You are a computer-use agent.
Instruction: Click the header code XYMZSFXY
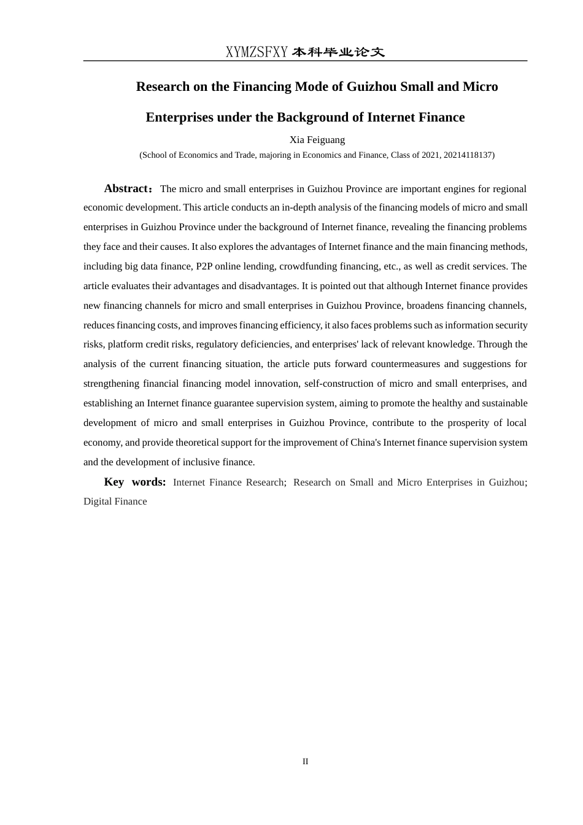click(257, 52)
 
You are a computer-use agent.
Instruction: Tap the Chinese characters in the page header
click(338, 52)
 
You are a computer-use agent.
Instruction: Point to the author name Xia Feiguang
click(317, 140)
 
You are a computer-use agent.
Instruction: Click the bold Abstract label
click(126, 188)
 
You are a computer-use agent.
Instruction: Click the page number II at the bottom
click(305, 762)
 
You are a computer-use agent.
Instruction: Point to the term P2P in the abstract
click(204, 266)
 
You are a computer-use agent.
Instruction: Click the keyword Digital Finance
click(115, 502)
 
